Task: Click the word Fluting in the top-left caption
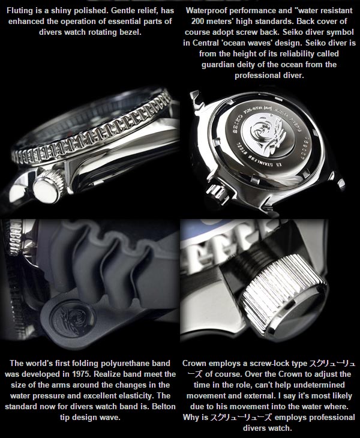(19, 11)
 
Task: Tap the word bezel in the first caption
(130, 32)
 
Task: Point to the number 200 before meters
(198, 22)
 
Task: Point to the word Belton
(163, 406)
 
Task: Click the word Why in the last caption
(190, 418)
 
